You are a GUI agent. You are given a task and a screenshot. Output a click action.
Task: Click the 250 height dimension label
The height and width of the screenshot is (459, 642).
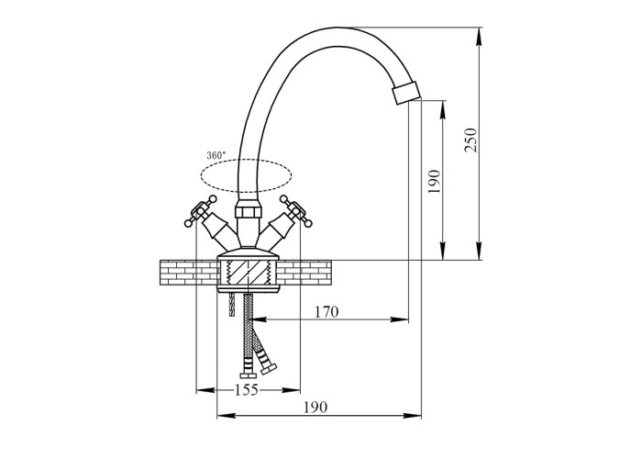470,140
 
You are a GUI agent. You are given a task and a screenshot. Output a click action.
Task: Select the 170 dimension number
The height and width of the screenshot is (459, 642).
327,312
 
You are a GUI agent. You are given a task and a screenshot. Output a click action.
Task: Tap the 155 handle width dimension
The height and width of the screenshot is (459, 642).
247,390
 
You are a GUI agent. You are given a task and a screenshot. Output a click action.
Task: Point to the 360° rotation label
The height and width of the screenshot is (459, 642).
216,155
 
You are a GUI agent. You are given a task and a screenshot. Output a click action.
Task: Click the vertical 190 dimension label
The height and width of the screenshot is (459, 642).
434,182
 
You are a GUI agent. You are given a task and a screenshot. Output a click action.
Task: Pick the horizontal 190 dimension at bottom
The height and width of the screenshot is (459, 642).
315,408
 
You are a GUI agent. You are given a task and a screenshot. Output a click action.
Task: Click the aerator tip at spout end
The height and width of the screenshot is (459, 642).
405,93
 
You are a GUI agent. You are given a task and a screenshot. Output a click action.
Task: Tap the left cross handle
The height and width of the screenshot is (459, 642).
200,211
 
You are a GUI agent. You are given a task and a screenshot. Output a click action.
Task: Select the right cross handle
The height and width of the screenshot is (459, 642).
296,210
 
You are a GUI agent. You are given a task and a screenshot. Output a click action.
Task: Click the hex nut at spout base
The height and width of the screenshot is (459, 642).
248,212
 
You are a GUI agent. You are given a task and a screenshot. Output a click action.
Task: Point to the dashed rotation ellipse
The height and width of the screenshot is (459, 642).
246,175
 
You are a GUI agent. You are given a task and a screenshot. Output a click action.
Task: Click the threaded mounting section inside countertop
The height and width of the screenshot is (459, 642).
248,273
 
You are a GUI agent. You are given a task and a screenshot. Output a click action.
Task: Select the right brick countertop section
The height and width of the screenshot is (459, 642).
304,273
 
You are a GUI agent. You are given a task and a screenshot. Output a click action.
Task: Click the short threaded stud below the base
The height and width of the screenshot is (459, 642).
232,304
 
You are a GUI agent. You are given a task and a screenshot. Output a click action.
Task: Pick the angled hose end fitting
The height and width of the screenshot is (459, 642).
269,368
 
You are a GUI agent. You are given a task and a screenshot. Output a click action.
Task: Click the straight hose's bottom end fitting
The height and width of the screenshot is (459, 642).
249,374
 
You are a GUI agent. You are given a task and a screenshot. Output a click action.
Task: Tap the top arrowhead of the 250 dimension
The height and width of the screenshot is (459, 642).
480,36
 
